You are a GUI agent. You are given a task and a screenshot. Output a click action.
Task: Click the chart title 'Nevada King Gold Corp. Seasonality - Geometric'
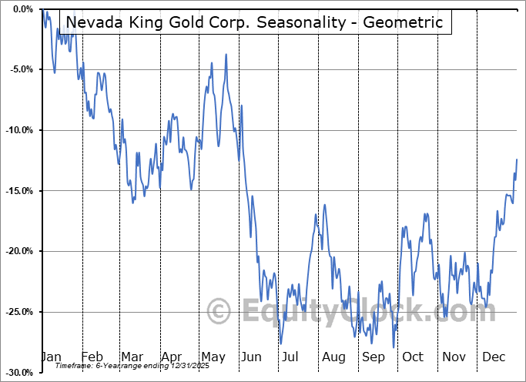pyautogui.click(x=253, y=22)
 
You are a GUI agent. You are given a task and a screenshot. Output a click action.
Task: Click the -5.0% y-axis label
pyautogui.click(x=21, y=69)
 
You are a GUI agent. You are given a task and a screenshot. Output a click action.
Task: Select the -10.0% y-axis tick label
pyautogui.click(x=18, y=130)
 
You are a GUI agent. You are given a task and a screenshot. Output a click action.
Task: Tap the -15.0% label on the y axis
pyautogui.click(x=18, y=191)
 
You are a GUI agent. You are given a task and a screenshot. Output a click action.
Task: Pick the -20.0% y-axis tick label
pyautogui.click(x=18, y=251)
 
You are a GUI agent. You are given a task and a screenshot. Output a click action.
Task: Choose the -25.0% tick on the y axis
pyautogui.click(x=18, y=312)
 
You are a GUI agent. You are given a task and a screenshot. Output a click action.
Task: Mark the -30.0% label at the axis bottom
pyautogui.click(x=18, y=373)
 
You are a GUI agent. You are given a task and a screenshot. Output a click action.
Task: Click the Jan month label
pyautogui.click(x=50, y=357)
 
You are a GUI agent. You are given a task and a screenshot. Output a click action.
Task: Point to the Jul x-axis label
pyautogui.click(x=291, y=357)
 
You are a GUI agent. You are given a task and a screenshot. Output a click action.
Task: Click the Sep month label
pyautogui.click(x=374, y=357)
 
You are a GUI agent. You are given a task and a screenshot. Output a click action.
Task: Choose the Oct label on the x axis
pyautogui.click(x=413, y=357)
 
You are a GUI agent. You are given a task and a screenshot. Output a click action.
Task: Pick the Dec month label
pyautogui.click(x=494, y=357)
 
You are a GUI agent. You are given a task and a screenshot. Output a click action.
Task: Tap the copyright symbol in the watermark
pyautogui.click(x=219, y=312)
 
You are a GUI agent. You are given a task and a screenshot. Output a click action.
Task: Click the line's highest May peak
pyautogui.click(x=226, y=55)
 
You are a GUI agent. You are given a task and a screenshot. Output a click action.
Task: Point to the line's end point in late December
pyautogui.click(x=517, y=159)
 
